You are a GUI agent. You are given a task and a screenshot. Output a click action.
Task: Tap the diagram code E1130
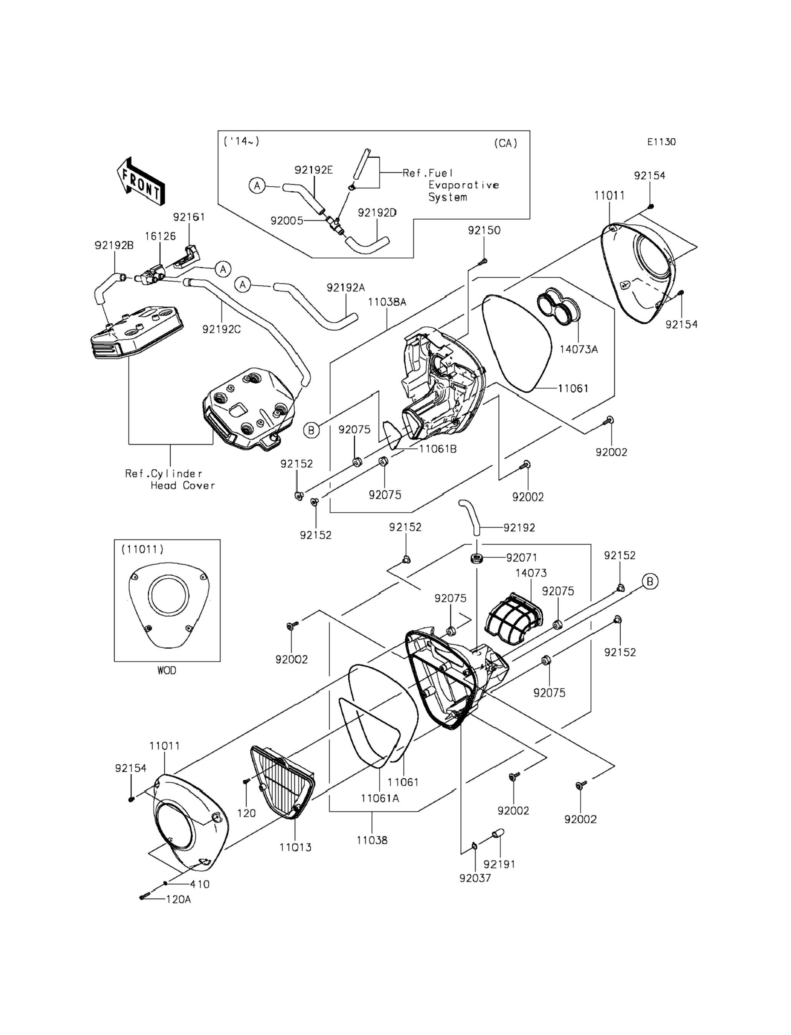(661, 142)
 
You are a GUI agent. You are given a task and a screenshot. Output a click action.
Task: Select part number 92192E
(313, 170)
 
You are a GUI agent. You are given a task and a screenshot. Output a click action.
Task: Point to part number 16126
(160, 236)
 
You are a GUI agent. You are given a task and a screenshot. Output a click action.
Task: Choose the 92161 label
(189, 217)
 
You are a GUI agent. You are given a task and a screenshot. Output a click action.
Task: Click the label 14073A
(578, 349)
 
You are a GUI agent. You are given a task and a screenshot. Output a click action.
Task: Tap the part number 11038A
(387, 302)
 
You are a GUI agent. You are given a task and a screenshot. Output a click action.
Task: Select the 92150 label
(484, 230)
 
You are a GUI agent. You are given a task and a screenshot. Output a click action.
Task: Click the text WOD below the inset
(166, 670)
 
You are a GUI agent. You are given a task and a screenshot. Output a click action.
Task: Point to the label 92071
(522, 558)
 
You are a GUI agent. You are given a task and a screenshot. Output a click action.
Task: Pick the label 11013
(295, 847)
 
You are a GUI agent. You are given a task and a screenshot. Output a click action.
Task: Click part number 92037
(475, 878)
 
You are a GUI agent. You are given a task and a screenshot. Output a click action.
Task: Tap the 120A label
(178, 900)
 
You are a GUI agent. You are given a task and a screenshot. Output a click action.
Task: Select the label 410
(199, 884)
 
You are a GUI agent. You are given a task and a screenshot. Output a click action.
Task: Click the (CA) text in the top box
(506, 143)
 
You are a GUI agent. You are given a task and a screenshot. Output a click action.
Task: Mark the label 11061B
(438, 449)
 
